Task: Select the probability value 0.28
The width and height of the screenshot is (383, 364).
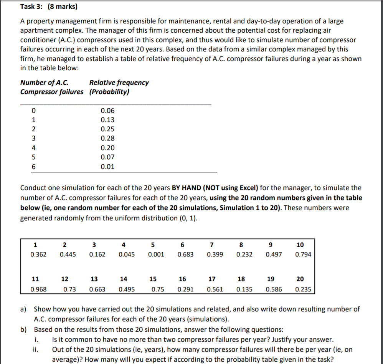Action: pos(107,138)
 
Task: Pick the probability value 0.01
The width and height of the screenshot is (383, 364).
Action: pos(107,167)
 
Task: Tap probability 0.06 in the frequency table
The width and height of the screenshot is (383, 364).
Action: pos(107,111)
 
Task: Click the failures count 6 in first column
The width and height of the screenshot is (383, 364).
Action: pos(34,167)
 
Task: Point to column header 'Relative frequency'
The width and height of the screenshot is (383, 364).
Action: pos(119,83)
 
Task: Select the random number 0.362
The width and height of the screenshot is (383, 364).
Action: pos(38,254)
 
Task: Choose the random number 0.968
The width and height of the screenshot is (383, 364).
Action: pos(38,290)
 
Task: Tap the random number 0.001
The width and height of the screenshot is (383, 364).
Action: pos(156,254)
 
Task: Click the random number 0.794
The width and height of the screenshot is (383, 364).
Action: pos(303,254)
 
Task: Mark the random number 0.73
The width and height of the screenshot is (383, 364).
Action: pos(69,290)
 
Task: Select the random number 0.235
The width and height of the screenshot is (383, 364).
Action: pos(303,290)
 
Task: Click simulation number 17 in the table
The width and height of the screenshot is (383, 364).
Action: pos(211,279)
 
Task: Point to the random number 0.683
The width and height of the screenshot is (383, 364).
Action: pos(185,254)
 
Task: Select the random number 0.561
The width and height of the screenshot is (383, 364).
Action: pos(215,290)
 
